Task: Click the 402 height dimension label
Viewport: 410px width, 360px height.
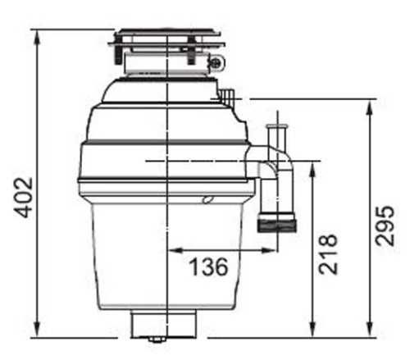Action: [24, 198]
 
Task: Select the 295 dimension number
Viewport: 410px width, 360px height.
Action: [385, 226]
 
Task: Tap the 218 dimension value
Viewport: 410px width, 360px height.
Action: [328, 254]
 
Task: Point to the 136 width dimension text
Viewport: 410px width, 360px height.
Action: [208, 267]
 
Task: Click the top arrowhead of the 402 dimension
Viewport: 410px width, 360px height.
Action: [37, 37]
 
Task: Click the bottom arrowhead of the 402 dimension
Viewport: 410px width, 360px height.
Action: [37, 330]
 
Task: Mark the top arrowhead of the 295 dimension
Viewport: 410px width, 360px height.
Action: [370, 107]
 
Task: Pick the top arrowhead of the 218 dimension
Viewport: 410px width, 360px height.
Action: [312, 170]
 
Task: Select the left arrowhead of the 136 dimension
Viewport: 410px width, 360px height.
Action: [175, 250]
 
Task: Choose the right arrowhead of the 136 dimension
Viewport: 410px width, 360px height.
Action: [269, 250]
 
